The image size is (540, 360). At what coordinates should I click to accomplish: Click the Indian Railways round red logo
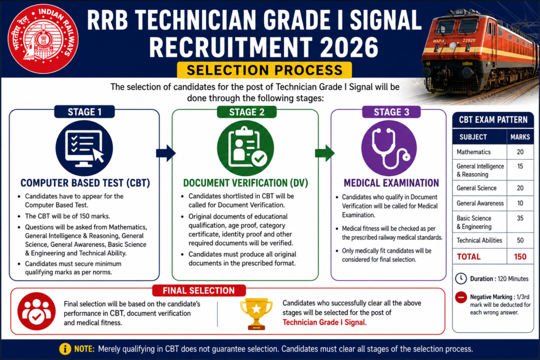pyautogui.click(x=43, y=39)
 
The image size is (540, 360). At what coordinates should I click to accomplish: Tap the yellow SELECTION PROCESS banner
pyautogui.click(x=264, y=70)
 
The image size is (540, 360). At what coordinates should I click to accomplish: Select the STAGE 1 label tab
pyautogui.click(x=84, y=112)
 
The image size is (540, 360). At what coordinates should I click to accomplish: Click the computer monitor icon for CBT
pyautogui.click(x=84, y=148)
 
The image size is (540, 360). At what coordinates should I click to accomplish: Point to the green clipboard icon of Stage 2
pyautogui.click(x=246, y=148)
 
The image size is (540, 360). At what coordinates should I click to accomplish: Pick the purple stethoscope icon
pyautogui.click(x=389, y=148)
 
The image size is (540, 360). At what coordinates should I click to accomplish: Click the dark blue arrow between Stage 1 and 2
pyautogui.click(x=166, y=153)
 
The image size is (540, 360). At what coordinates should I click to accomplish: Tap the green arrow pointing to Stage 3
pyautogui.click(x=324, y=153)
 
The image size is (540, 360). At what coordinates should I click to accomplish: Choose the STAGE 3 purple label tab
pyautogui.click(x=391, y=112)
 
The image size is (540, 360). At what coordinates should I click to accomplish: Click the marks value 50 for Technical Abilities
pyautogui.click(x=520, y=240)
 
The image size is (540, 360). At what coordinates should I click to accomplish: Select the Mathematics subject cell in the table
pyautogui.click(x=474, y=152)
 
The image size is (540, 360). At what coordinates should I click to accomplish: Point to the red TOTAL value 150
pyautogui.click(x=520, y=257)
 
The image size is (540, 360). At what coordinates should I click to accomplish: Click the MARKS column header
pyautogui.click(x=520, y=137)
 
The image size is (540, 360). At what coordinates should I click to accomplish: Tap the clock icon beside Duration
pyautogui.click(x=461, y=278)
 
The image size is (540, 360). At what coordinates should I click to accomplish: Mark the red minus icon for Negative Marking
pyautogui.click(x=461, y=297)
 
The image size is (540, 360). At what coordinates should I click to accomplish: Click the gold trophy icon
pyautogui.click(x=256, y=314)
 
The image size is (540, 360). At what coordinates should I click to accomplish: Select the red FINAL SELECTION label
pyautogui.click(x=199, y=290)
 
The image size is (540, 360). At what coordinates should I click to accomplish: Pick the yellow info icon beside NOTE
pyautogui.click(x=65, y=348)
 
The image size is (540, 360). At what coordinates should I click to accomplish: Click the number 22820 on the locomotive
pyautogui.click(x=469, y=40)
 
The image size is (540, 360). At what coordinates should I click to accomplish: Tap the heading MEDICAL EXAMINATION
pyautogui.click(x=391, y=183)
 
